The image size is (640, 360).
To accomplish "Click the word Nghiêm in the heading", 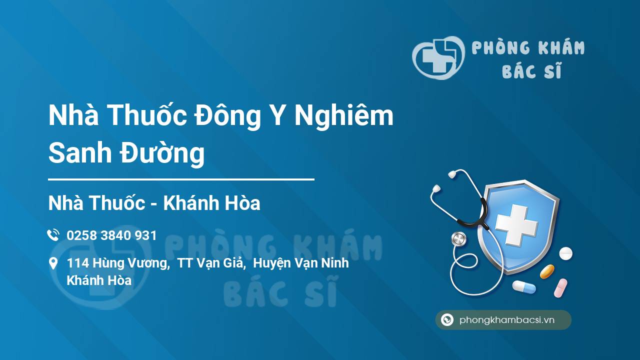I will tap(344, 116).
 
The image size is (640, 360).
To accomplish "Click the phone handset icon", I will tap(53, 235).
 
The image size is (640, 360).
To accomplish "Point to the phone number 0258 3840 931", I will tap(111, 235).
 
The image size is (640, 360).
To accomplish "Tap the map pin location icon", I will tap(53, 263).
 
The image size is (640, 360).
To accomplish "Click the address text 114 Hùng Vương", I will tap(117, 263).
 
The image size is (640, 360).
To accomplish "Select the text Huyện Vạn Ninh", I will tap(301, 263).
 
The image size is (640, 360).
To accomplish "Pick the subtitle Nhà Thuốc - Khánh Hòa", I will tap(154, 203).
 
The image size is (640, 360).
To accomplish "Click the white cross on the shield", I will tap(515, 224).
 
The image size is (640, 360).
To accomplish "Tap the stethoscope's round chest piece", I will tap(458, 238).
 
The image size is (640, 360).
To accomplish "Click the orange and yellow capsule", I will tap(547, 271).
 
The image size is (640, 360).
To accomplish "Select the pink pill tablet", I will tap(560, 287).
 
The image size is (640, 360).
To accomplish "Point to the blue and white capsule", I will tap(523, 287).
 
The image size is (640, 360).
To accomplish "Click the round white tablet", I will tap(565, 253).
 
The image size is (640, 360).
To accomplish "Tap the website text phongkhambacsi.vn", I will tap(507, 320).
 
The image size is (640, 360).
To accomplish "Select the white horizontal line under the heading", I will tap(181, 179).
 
